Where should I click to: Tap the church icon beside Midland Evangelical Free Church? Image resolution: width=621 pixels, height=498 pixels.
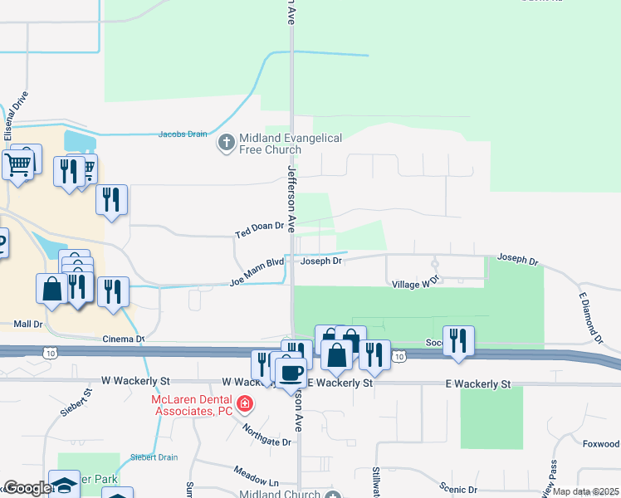(x=225, y=143)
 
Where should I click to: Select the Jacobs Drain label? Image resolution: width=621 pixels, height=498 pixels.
(x=182, y=134)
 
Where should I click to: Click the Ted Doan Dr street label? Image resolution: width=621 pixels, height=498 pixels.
(x=259, y=227)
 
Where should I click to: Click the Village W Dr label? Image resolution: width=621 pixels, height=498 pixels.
(x=415, y=284)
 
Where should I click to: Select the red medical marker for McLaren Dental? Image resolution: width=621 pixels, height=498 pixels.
(x=245, y=404)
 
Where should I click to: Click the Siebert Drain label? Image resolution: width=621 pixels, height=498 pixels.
(x=154, y=456)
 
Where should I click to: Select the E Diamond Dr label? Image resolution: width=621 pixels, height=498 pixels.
(x=589, y=318)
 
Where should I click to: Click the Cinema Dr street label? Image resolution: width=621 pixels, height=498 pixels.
(x=123, y=339)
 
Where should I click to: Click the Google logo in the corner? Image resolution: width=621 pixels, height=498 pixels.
(x=27, y=489)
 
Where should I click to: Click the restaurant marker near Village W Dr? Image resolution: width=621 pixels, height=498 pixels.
(x=458, y=339)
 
